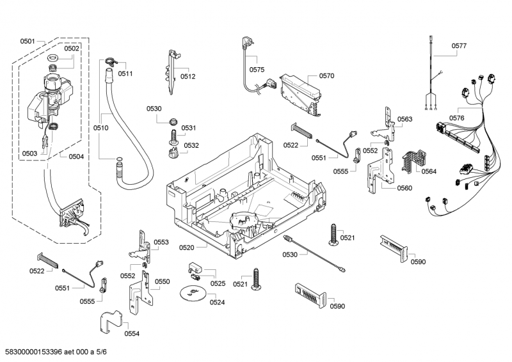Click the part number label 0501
[x=27, y=41]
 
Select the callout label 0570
[x=326, y=75]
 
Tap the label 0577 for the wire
[x=459, y=45]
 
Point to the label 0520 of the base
[x=186, y=246]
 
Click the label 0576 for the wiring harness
[x=456, y=118]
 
